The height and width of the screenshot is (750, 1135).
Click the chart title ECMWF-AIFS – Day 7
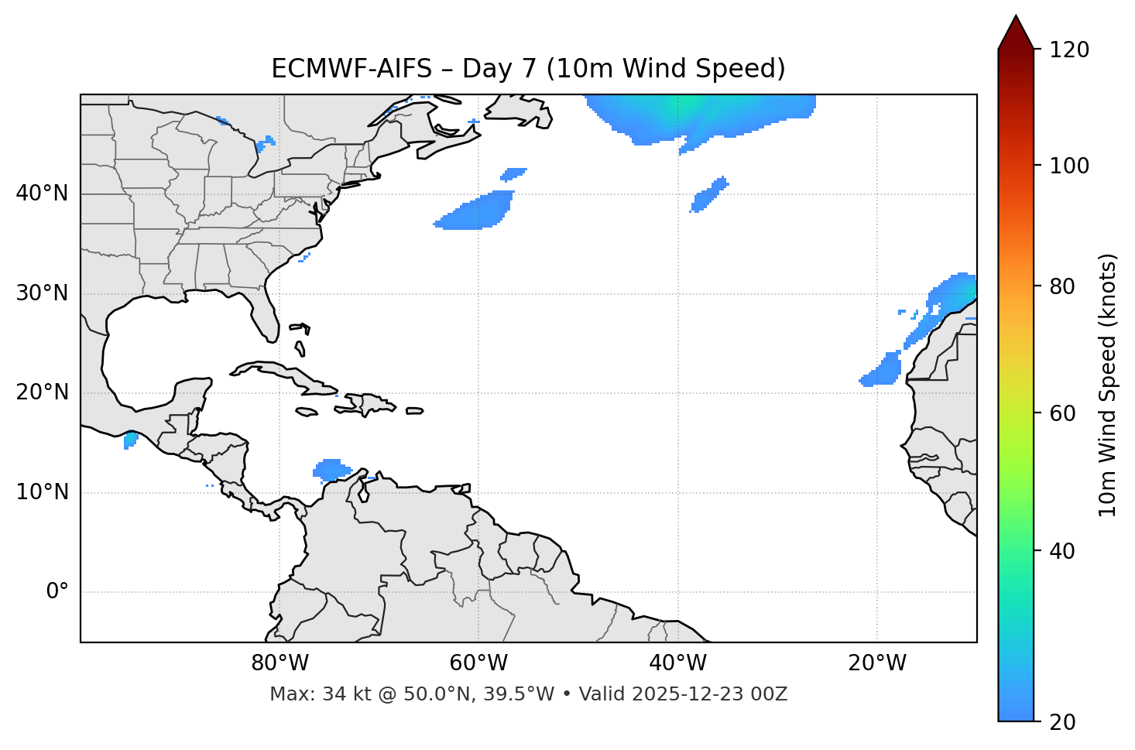(528, 69)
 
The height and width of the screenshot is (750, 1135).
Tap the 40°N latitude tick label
(42, 193)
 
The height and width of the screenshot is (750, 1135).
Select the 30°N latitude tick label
(42, 293)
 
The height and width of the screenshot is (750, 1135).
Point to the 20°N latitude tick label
(42, 392)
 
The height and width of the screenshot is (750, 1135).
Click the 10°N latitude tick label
(42, 492)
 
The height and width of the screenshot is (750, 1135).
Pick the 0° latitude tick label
(57, 592)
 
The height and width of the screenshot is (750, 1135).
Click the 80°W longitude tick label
(279, 663)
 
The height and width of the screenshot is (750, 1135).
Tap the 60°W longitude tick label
(478, 663)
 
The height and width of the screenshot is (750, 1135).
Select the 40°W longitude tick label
(677, 663)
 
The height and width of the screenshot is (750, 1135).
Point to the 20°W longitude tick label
(876, 663)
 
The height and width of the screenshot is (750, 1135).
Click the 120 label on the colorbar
(1071, 50)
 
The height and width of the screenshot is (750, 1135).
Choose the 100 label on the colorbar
(1071, 166)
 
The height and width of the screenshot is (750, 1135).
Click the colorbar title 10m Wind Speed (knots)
(1108, 385)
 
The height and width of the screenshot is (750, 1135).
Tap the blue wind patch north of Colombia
(331, 469)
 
